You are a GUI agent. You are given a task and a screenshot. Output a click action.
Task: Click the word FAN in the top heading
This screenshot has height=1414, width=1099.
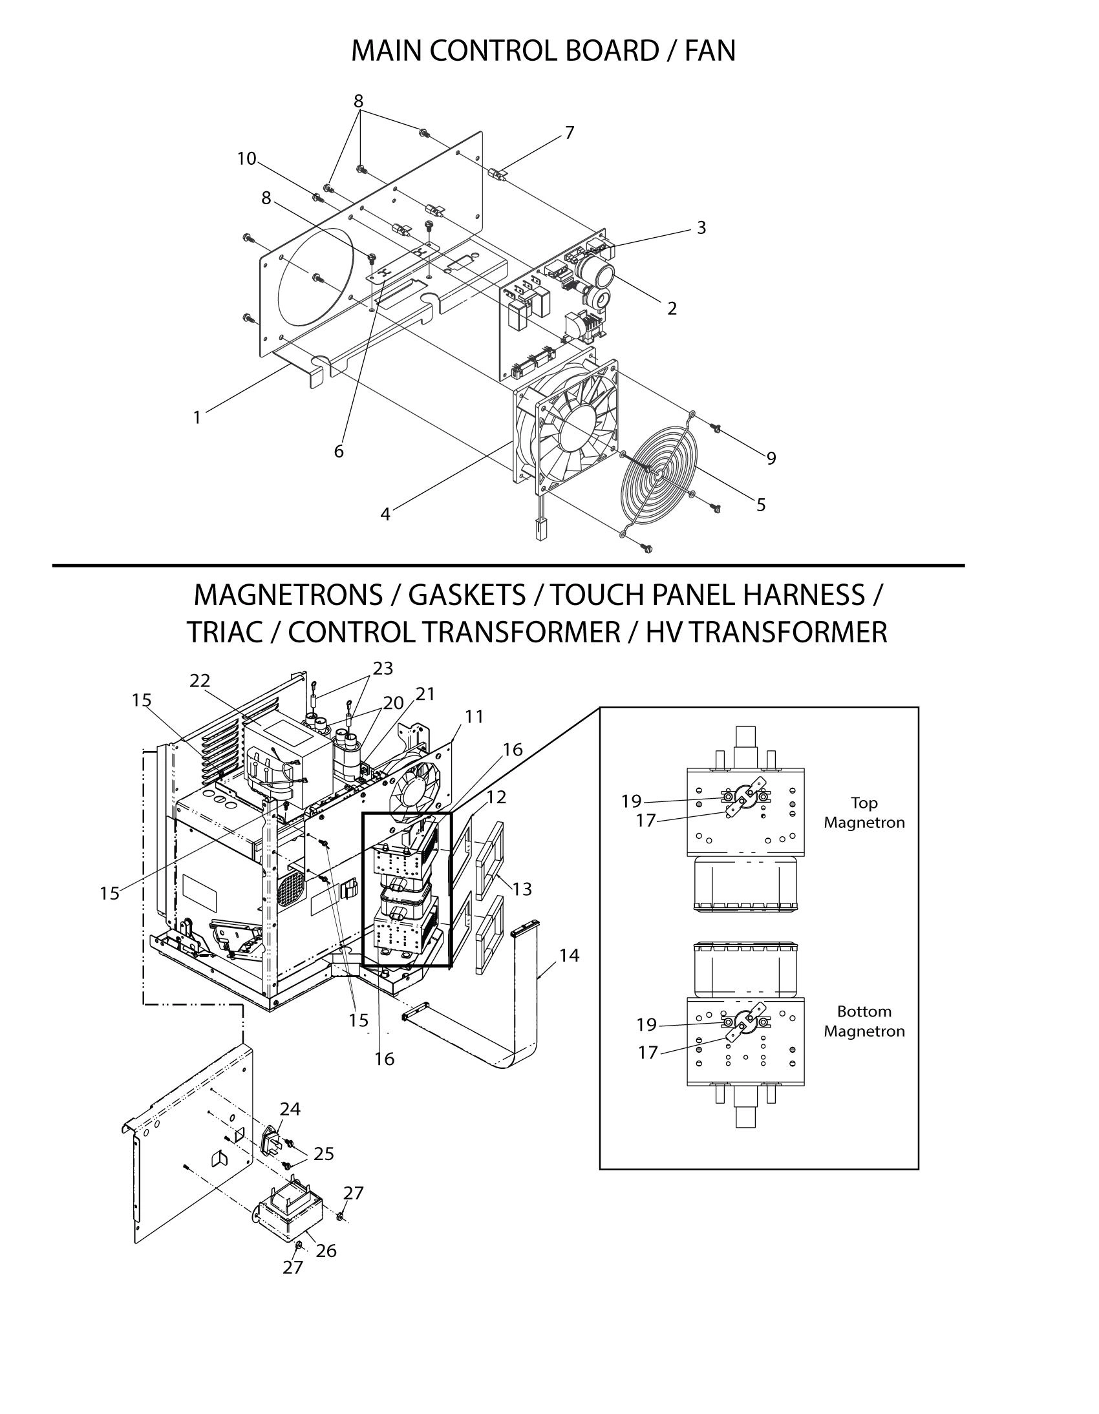710,51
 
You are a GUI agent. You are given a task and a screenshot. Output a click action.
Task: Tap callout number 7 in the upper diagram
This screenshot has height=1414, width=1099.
570,132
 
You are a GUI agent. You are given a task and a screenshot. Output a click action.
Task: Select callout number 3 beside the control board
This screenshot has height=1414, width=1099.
701,228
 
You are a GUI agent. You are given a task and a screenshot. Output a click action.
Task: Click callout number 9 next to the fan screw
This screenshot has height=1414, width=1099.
771,458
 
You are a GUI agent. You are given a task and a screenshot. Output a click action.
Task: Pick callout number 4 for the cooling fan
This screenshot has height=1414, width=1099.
385,514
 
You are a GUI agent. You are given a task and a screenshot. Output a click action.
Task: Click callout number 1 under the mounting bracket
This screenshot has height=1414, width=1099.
198,417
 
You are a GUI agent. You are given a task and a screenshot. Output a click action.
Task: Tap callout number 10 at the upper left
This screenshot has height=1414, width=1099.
247,158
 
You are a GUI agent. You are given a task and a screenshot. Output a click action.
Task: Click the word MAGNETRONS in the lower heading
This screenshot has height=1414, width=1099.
288,595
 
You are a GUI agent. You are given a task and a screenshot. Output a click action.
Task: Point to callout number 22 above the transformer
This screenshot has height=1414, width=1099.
200,681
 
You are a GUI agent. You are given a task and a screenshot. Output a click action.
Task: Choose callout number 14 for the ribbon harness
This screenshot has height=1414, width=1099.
570,955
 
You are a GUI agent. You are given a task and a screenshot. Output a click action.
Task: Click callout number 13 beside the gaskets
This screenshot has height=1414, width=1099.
522,889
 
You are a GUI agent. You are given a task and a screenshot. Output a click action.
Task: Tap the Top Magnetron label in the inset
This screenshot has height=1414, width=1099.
864,812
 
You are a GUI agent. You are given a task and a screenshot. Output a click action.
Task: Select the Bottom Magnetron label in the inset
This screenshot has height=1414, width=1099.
864,1021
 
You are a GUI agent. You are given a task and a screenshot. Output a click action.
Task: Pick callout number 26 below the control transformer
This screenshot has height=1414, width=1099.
326,1251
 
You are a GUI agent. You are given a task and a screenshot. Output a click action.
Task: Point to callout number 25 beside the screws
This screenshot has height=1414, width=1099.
324,1154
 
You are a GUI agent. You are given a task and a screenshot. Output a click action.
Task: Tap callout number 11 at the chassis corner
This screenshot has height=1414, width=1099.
474,717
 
